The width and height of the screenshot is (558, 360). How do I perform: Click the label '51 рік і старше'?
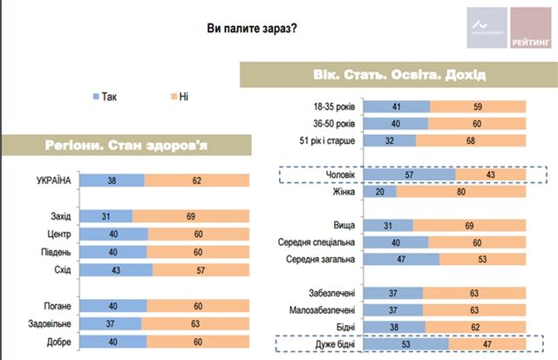point(327,140)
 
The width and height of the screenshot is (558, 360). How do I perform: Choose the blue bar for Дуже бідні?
point(405,344)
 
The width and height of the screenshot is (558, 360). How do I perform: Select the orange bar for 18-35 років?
point(479,107)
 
